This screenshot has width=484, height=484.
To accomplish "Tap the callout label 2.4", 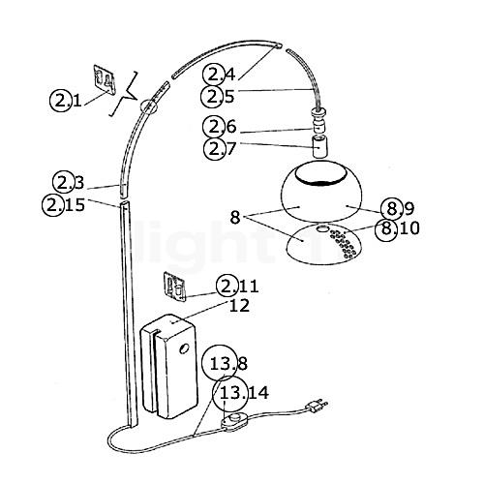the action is (x=219, y=74).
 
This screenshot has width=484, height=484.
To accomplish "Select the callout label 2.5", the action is (x=219, y=95).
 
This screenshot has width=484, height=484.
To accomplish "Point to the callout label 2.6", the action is (x=219, y=127).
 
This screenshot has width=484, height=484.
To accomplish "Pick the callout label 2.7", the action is (x=219, y=148).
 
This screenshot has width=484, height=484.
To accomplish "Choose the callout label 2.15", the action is (x=64, y=203).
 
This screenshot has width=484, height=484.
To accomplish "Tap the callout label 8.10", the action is (x=397, y=228).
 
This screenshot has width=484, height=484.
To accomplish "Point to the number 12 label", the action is (x=238, y=306).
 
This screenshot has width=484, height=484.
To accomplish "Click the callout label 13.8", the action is (x=229, y=364).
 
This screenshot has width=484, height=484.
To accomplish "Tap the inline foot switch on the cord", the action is (x=234, y=422).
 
